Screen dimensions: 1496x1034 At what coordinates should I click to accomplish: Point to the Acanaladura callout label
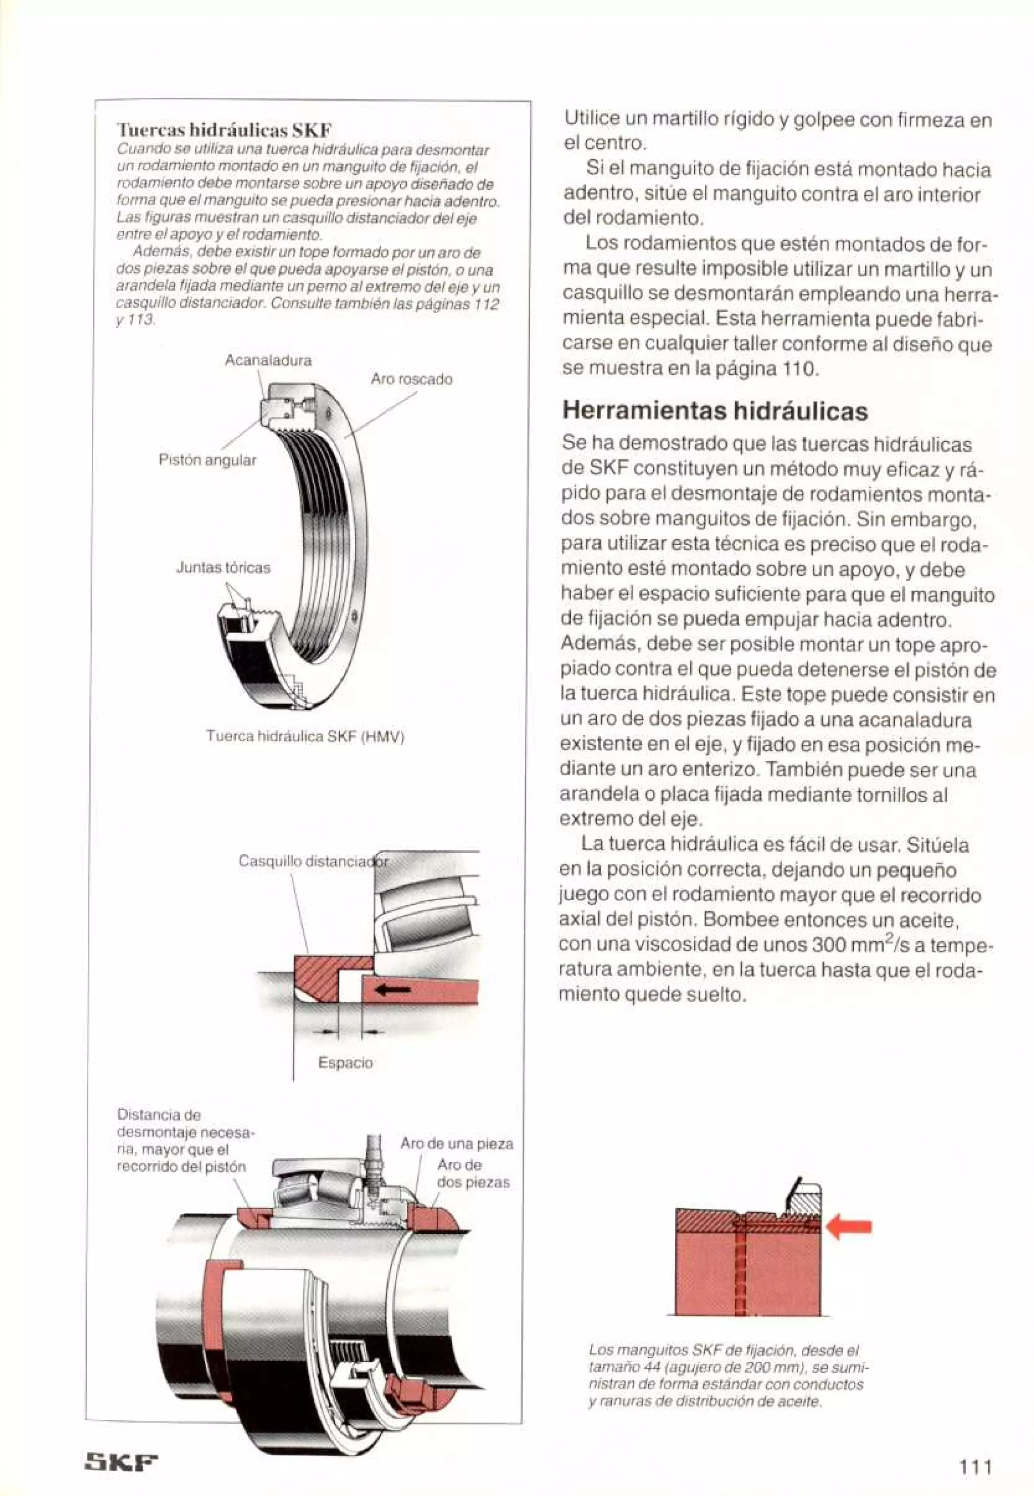pyautogui.click(x=268, y=360)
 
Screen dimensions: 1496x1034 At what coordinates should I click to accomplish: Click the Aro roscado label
pyautogui.click(x=411, y=379)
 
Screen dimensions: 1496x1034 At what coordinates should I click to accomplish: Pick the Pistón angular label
pyautogui.click(x=208, y=460)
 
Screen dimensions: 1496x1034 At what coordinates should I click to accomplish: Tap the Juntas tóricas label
pyautogui.click(x=223, y=568)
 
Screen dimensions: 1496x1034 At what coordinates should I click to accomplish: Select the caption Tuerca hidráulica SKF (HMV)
pyautogui.click(x=304, y=737)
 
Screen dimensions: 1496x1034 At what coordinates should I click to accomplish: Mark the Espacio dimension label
pyautogui.click(x=345, y=1063)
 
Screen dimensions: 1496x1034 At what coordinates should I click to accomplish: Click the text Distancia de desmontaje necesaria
pyautogui.click(x=185, y=1141)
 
